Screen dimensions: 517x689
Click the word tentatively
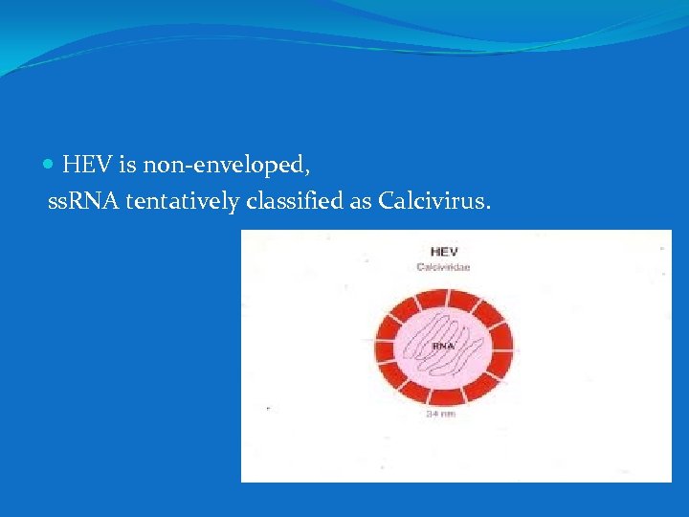click(x=182, y=203)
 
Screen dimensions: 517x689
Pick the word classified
click(x=288, y=203)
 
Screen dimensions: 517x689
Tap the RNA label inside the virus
click(x=441, y=345)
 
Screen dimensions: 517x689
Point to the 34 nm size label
click(x=440, y=414)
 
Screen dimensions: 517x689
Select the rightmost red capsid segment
click(x=503, y=345)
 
